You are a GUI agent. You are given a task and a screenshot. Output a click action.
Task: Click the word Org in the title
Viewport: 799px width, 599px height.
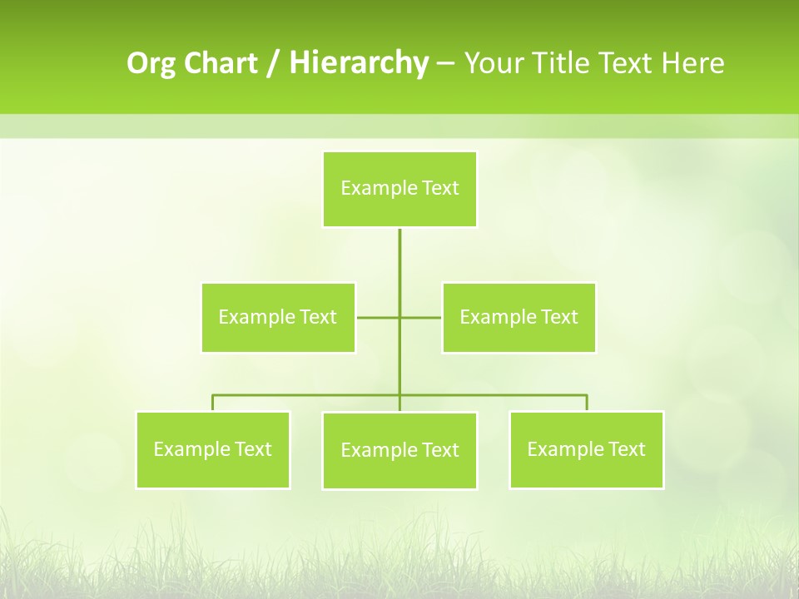pyautogui.click(x=151, y=63)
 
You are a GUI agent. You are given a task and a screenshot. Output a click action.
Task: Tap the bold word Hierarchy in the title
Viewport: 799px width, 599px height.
pyautogui.click(x=359, y=63)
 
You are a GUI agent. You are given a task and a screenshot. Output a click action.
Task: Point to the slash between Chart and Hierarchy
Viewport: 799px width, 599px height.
pyautogui.click(x=274, y=63)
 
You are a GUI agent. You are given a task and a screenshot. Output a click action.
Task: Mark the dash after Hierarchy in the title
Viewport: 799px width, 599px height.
pyautogui.click(x=445, y=63)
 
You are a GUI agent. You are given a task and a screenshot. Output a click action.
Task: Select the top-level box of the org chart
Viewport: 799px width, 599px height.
pyautogui.click(x=399, y=190)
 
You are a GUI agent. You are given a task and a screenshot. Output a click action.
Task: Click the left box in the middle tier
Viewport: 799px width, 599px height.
pyautogui.click(x=278, y=317)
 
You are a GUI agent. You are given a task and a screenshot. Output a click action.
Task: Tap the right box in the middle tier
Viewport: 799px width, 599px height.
pyautogui.click(x=519, y=317)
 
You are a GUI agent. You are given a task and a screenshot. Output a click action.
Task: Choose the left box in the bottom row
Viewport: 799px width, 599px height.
pyautogui.click(x=213, y=450)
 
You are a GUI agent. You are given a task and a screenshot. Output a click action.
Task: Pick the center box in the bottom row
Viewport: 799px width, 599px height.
pyautogui.click(x=399, y=451)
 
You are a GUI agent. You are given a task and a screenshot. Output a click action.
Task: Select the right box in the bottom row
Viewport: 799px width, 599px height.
pyautogui.click(x=586, y=450)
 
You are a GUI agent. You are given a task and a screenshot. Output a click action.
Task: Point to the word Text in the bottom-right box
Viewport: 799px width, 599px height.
pyautogui.click(x=627, y=449)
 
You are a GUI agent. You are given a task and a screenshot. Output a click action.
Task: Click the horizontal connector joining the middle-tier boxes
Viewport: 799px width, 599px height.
pyautogui.click(x=378, y=317)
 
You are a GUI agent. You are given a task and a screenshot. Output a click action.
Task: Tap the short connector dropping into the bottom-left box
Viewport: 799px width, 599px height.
pyautogui.click(x=213, y=403)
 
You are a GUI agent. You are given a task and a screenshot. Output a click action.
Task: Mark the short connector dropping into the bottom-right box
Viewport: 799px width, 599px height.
pyautogui.click(x=586, y=403)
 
